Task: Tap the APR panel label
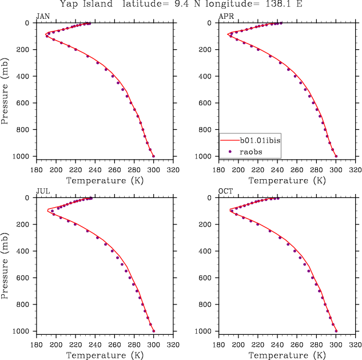225,16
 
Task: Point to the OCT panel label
225,191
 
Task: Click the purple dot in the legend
229,151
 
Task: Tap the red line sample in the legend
229,140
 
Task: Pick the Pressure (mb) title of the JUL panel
5,264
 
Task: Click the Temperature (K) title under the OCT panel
287,355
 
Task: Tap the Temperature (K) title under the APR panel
287,180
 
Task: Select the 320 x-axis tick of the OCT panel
355,345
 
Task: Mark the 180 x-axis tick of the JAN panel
37,169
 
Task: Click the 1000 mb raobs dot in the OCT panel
336,331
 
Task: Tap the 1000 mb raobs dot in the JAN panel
153,156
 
